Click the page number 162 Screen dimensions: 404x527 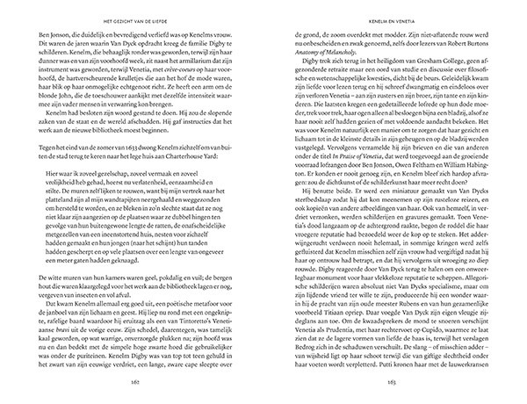click(148, 383)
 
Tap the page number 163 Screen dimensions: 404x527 click(379, 383)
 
